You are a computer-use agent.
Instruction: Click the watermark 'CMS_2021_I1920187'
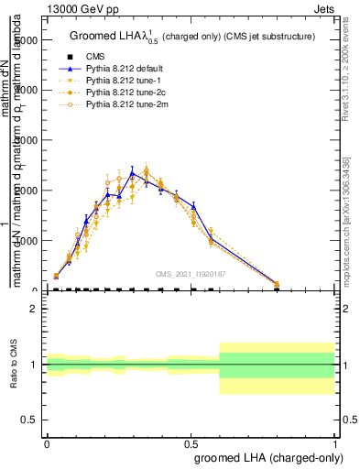tap(191, 273)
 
